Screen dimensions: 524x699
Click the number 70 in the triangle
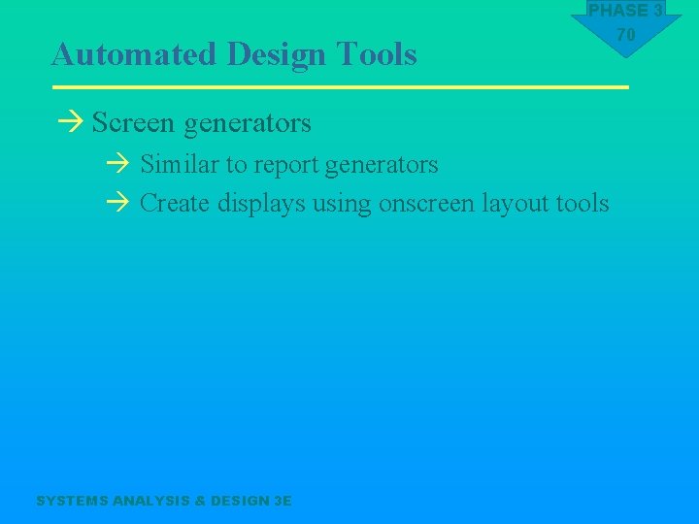626,35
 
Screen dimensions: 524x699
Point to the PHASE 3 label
626,11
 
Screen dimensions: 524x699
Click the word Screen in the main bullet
133,123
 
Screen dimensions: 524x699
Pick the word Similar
181,165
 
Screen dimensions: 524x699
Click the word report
286,166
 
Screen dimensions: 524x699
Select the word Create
176,204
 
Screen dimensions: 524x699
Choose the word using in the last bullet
342,205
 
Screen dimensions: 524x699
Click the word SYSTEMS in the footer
72,501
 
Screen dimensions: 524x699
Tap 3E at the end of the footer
283,501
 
